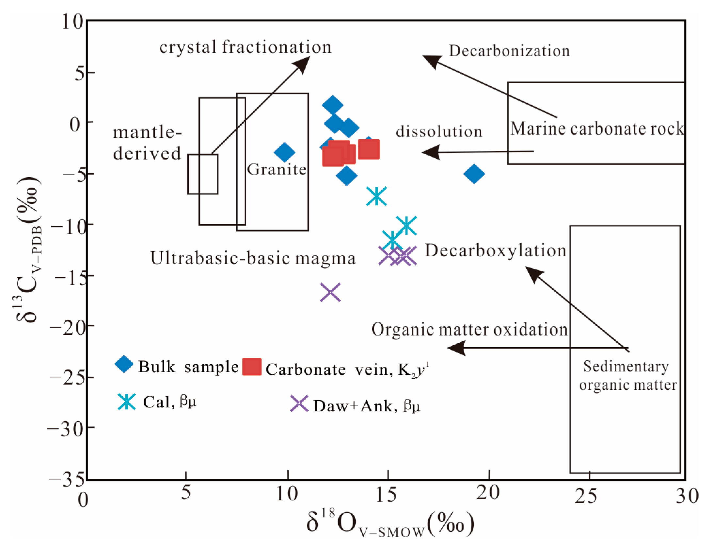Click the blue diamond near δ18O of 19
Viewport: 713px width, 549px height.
pyautogui.click(x=474, y=174)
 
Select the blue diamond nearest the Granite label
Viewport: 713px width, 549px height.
pyautogui.click(x=285, y=152)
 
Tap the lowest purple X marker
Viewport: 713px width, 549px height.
pyautogui.click(x=330, y=292)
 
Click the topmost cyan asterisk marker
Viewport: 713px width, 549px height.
pyautogui.click(x=376, y=196)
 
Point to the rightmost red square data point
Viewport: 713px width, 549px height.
pyautogui.click(x=369, y=149)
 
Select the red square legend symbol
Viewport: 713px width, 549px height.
pyautogui.click(x=252, y=367)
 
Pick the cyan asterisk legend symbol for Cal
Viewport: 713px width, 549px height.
pyautogui.click(x=127, y=402)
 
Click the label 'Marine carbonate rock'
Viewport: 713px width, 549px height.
pyautogui.click(x=597, y=129)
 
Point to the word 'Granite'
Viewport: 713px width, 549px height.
pyautogui.click(x=277, y=170)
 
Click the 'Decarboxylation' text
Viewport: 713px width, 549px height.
pyautogui.click(x=496, y=251)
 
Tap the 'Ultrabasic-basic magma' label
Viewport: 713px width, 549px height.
pyautogui.click(x=253, y=259)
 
